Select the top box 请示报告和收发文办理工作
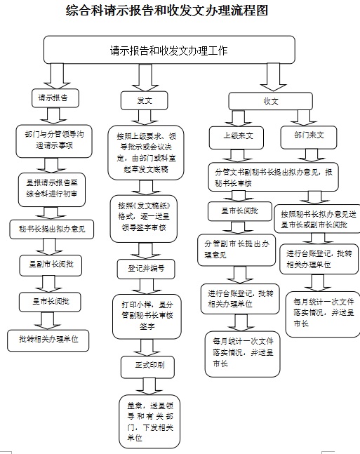(x=168, y=51)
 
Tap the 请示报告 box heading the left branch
(x=54, y=98)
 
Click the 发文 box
(x=145, y=100)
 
